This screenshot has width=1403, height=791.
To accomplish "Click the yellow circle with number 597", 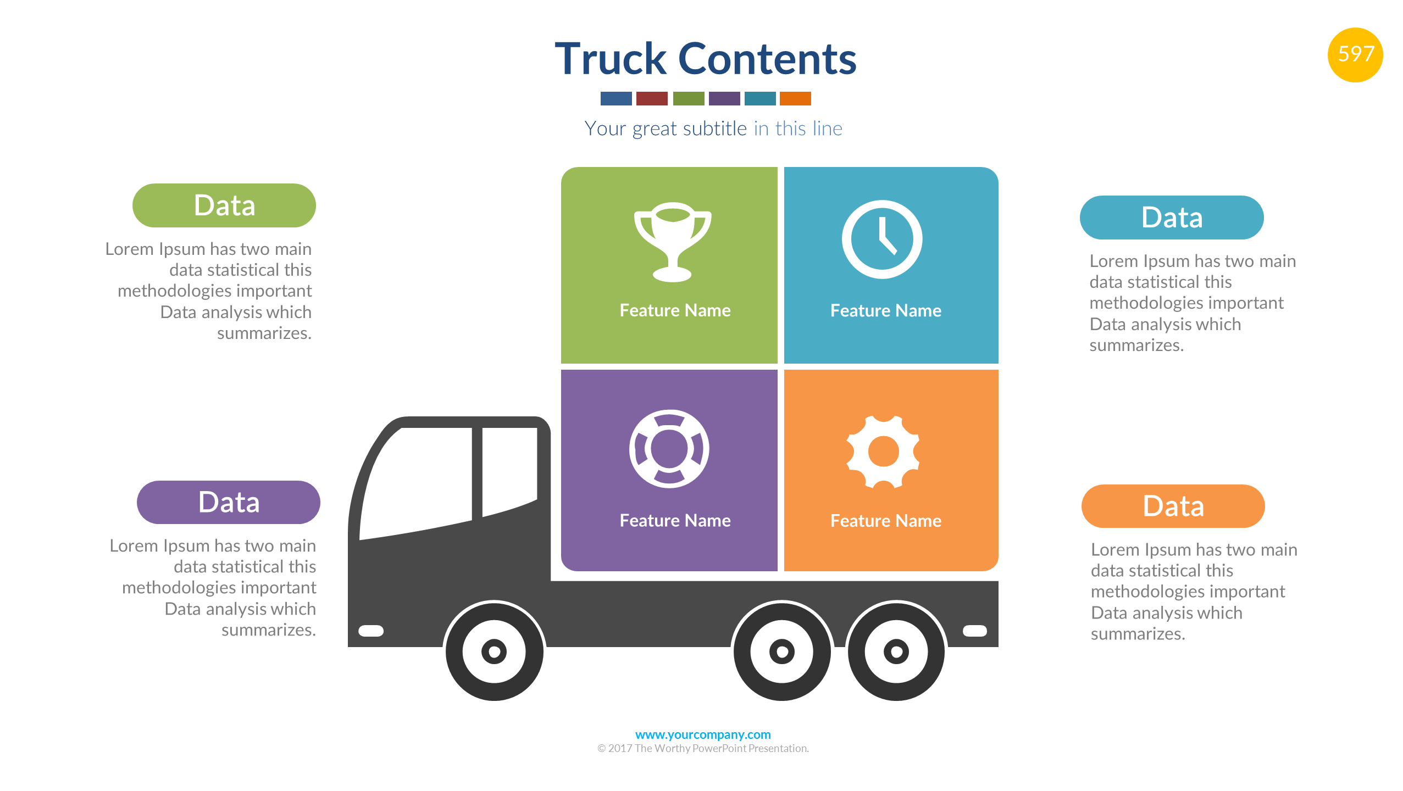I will (1355, 54).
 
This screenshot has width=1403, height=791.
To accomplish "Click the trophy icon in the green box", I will (672, 242).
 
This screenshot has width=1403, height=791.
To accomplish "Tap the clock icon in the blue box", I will (881, 239).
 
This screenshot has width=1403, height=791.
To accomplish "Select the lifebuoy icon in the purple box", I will (669, 449).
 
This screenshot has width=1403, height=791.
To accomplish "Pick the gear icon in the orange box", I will (883, 452).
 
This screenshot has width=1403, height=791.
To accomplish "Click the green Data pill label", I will (224, 205).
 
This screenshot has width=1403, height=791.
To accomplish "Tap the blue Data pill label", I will (1171, 218).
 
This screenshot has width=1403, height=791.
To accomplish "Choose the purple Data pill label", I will (228, 502).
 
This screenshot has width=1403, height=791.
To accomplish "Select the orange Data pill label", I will (1173, 506).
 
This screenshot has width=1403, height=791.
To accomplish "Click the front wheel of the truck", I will (494, 651).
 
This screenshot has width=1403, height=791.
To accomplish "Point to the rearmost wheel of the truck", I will (896, 651).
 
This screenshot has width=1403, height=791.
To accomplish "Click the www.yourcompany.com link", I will (702, 734).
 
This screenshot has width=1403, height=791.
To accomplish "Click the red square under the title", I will (652, 98).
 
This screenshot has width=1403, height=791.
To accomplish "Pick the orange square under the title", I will (795, 98).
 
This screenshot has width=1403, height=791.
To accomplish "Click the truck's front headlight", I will (371, 631).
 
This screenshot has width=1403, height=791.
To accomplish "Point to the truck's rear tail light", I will (974, 631).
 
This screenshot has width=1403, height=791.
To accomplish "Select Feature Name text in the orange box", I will (885, 520).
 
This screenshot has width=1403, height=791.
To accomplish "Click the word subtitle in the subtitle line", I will (714, 129).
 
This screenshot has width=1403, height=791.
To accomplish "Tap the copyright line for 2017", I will (702, 748).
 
